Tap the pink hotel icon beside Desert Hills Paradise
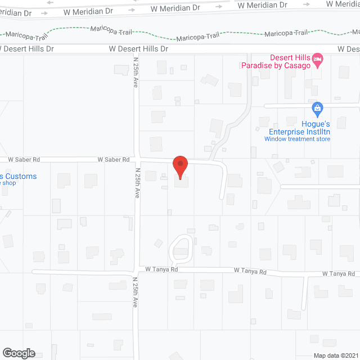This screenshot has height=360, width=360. coord(318,58)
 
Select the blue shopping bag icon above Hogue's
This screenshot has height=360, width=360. coord(317,107)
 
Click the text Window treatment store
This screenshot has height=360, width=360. coord(297,138)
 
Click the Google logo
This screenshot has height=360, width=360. coord(18,353)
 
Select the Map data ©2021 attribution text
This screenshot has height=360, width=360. coord(335,355)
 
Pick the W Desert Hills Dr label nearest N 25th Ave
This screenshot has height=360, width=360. coord(138,49)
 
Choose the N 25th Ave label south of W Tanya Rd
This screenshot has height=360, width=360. coord(135,291)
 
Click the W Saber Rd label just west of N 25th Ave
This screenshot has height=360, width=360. coord(113,160)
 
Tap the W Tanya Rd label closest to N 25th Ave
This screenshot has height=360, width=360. coord(161,270)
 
